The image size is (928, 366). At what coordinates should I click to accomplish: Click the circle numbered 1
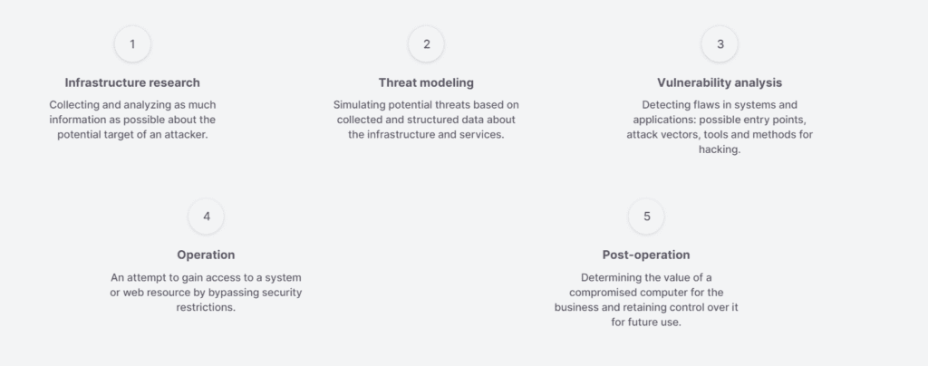click(132, 43)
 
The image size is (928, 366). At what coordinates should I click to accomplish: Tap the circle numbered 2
click(426, 43)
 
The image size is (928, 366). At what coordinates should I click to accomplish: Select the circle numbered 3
click(720, 43)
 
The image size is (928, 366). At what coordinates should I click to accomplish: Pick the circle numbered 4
click(206, 217)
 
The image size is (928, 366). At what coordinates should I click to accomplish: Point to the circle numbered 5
click(646, 217)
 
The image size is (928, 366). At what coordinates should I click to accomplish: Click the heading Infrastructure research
click(132, 82)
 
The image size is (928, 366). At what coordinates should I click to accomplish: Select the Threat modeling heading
click(426, 82)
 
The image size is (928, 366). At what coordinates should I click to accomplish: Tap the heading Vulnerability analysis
click(720, 82)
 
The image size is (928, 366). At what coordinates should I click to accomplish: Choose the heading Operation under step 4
click(206, 255)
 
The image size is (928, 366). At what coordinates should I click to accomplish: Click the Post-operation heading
click(646, 255)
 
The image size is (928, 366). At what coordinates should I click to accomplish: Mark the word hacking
click(720, 149)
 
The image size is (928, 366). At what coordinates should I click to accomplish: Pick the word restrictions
click(206, 307)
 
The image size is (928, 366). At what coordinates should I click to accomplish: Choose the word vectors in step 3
click(683, 135)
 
